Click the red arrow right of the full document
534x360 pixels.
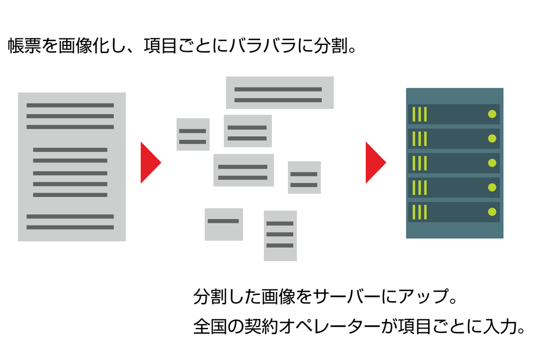(x=150, y=162)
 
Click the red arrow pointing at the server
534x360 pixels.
(x=375, y=162)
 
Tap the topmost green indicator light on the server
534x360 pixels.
(x=492, y=114)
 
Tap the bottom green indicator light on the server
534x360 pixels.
(x=492, y=212)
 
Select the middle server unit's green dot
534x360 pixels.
(x=492, y=163)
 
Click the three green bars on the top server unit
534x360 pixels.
(x=420, y=114)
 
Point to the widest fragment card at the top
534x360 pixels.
(x=280, y=92)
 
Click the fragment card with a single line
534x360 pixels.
(x=224, y=224)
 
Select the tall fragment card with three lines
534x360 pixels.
(x=280, y=236)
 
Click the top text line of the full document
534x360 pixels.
(x=70, y=105)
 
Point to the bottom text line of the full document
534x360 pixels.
(x=70, y=227)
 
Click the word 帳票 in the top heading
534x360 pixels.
(x=25, y=45)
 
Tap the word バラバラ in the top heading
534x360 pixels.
(x=262, y=45)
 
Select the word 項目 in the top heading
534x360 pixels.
(x=160, y=45)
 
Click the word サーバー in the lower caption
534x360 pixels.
(x=347, y=296)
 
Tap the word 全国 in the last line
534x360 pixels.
(x=210, y=326)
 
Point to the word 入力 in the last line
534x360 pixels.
(x=500, y=326)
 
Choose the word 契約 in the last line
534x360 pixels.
(x=261, y=326)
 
